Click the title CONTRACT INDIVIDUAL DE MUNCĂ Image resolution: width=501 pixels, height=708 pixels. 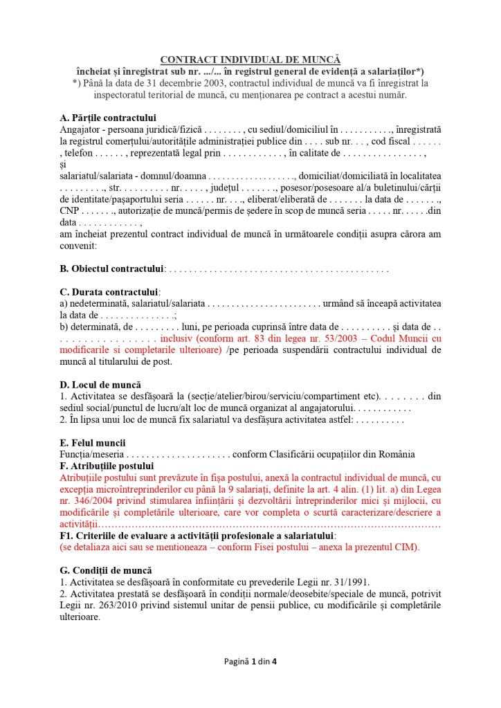pyautogui.click(x=250, y=60)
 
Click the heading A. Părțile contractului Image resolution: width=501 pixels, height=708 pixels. pyautogui.click(x=108, y=117)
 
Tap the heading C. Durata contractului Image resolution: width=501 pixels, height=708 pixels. pyautogui.click(x=110, y=292)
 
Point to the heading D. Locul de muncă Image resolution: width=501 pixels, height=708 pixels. pyautogui.click(x=100, y=384)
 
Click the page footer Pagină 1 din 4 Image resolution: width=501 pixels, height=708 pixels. pyautogui.click(x=250, y=662)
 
